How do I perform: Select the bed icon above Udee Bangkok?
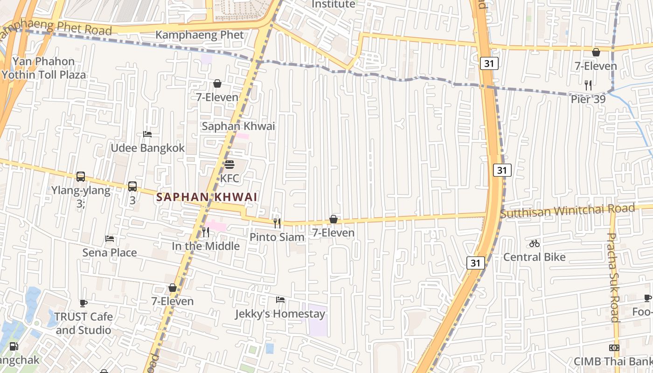coord(147,134)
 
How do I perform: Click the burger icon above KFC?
coord(229,165)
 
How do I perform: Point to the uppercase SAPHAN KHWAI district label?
coord(207,197)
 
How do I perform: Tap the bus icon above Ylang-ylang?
coord(81,177)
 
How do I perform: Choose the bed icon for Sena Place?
coord(110,239)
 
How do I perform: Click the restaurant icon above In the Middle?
coord(205,232)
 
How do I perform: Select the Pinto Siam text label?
coord(277,237)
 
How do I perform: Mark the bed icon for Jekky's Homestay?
coord(280,300)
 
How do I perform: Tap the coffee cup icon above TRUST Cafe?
coord(83,303)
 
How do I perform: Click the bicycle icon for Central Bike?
coord(535,243)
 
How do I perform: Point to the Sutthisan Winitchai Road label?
coord(567,211)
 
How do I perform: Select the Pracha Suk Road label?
coord(614,277)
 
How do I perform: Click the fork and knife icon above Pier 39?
coord(588,85)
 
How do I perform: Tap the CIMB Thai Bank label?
coord(613,361)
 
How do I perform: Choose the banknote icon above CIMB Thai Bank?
coord(614,348)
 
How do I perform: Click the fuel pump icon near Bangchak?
coord(14,346)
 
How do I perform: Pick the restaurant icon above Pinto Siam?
coord(277,223)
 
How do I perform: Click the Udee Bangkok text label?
coord(147,148)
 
